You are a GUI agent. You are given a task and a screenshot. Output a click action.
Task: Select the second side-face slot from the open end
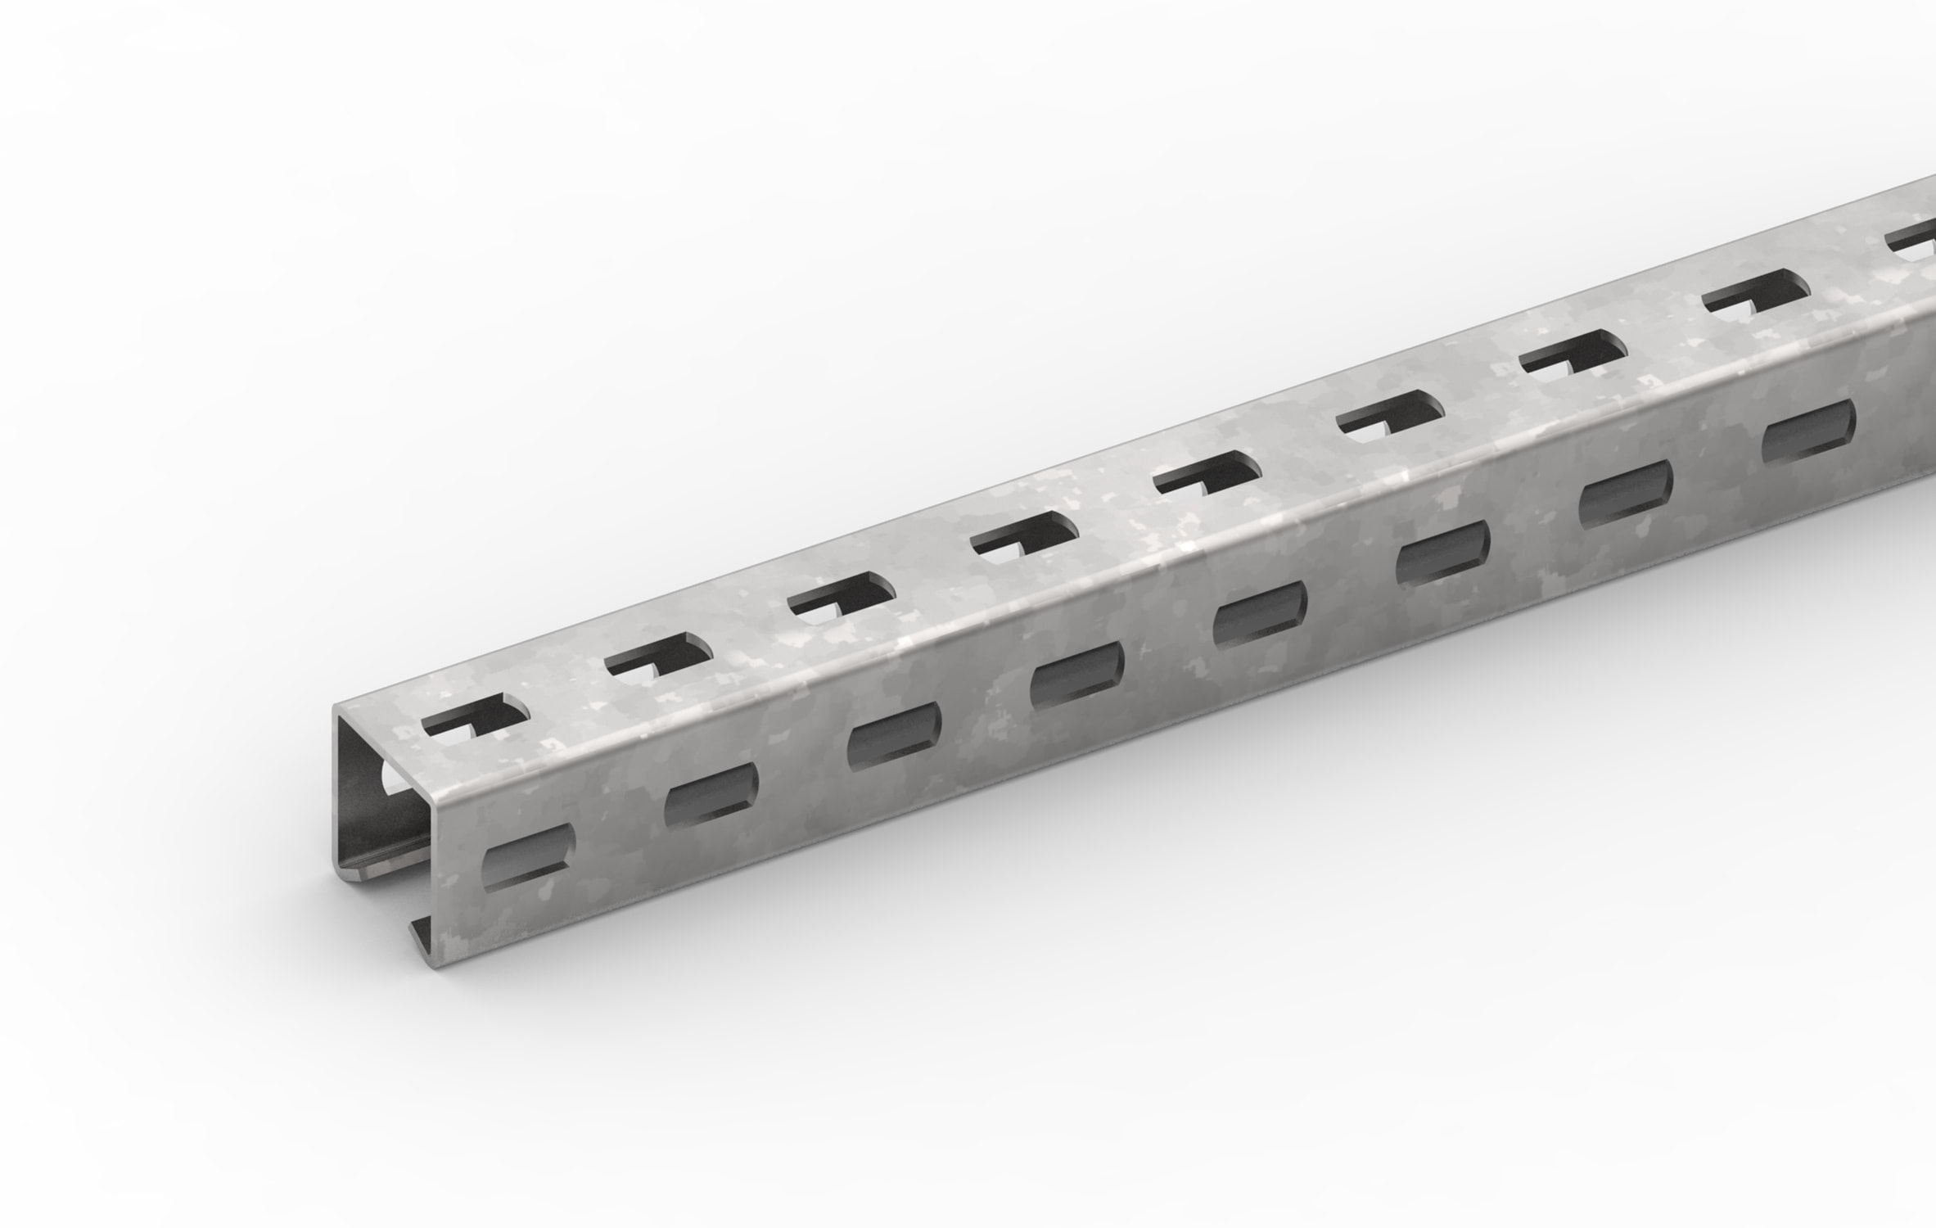(711, 792)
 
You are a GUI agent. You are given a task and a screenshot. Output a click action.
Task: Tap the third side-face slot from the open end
(894, 732)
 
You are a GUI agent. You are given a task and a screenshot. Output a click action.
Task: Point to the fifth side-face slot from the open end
(1260, 611)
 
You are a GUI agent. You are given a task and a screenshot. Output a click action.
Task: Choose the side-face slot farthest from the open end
(1806, 431)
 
